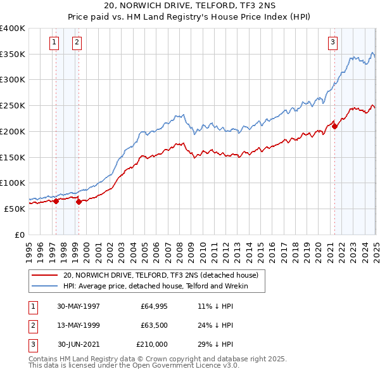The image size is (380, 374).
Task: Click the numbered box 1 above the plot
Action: (x=54, y=42)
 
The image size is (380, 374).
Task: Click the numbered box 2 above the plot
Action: (x=77, y=42)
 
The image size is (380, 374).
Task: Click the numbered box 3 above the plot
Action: (x=332, y=42)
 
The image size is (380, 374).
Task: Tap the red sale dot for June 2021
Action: (x=335, y=126)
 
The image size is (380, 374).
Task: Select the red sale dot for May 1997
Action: (x=56, y=201)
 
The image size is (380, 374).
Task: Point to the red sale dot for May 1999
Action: (x=79, y=202)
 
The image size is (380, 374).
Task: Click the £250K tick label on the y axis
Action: (x=13, y=106)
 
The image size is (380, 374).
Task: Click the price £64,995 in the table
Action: (x=153, y=306)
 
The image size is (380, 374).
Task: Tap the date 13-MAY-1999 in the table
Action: (x=79, y=325)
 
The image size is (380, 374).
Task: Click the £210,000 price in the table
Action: (x=152, y=345)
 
